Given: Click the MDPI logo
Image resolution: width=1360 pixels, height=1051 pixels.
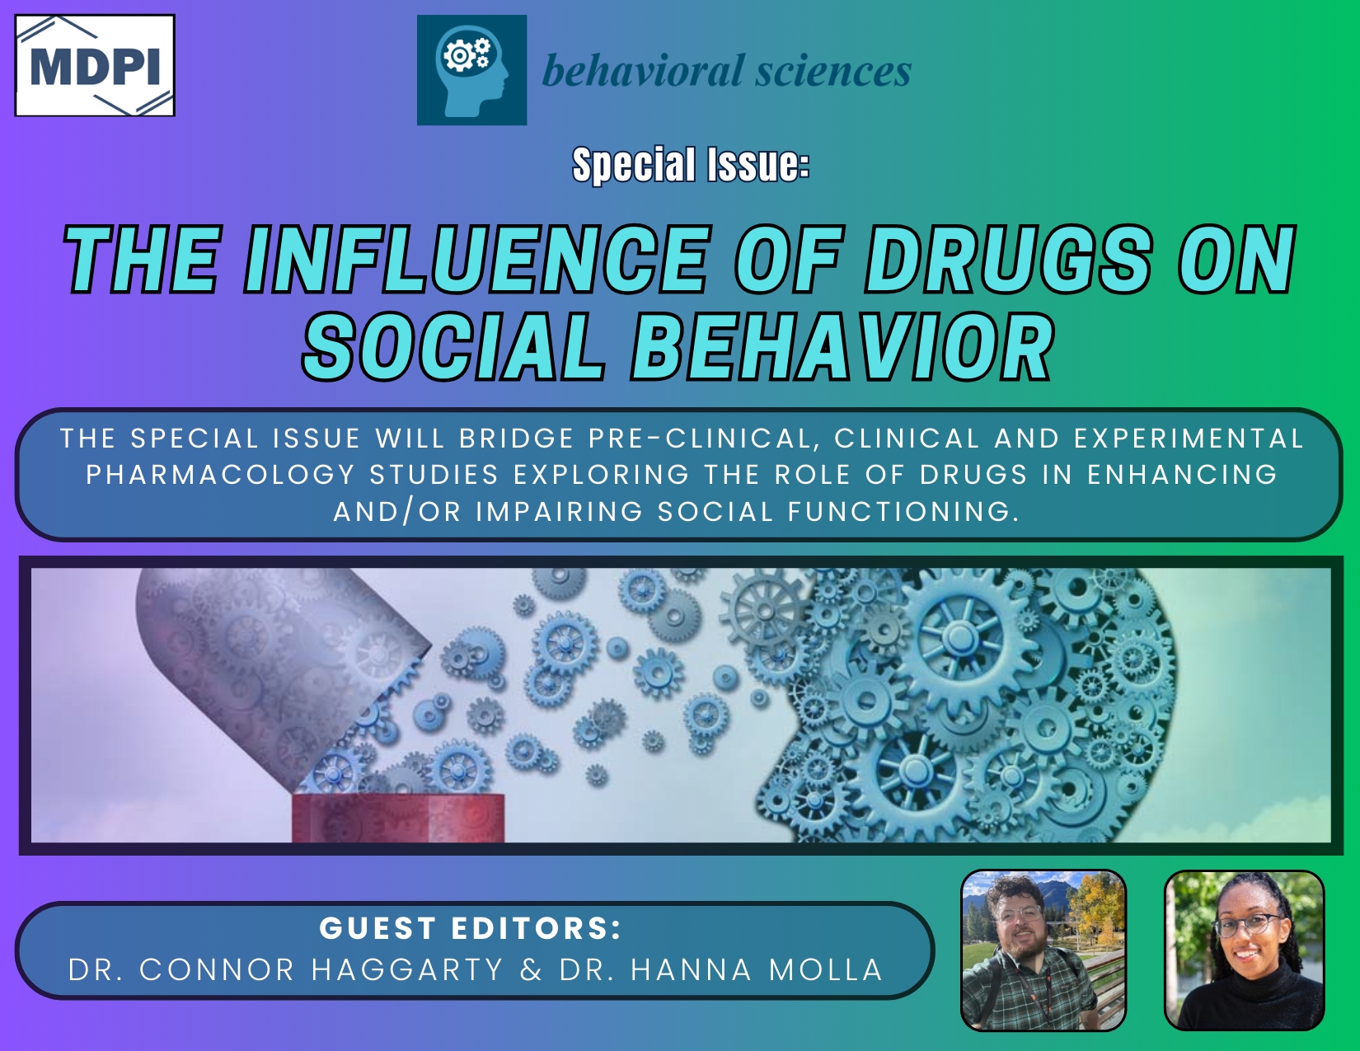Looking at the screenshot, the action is (95, 66).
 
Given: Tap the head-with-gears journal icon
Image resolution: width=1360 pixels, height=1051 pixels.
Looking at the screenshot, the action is (472, 70).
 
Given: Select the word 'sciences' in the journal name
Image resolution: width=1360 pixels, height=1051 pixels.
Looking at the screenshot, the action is (833, 71).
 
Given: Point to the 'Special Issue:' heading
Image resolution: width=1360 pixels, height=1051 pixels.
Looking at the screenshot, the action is (691, 165).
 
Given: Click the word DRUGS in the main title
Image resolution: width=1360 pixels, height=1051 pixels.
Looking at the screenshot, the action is (1008, 259).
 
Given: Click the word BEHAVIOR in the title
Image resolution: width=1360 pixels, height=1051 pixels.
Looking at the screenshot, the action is (843, 347).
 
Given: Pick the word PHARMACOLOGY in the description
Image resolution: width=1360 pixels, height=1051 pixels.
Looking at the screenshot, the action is (220, 475).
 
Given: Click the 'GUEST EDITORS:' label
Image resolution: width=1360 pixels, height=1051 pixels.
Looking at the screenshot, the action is (471, 927).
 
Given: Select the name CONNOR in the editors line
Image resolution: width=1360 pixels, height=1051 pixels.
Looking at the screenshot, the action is (217, 970).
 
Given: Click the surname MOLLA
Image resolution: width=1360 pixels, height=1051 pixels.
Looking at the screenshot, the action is (826, 970).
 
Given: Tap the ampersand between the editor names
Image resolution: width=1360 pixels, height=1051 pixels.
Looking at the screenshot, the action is (532, 970).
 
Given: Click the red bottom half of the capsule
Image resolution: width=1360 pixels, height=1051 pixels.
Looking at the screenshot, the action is (398, 819).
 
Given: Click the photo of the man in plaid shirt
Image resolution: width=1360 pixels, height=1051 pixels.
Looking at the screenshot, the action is (1043, 950).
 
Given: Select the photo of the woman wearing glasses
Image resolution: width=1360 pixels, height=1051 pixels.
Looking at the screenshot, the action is (1245, 950).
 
